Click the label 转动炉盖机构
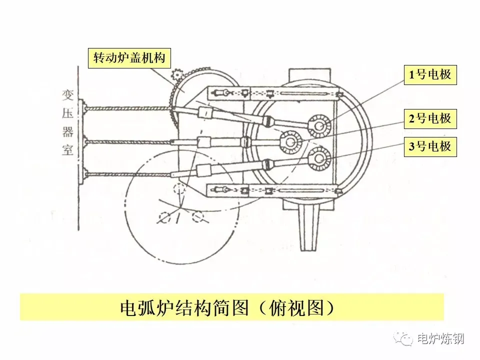tap(129, 58)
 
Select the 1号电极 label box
tap(430, 75)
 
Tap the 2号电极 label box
tap(430, 118)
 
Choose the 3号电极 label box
tap(430, 146)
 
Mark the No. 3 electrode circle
tap(318, 159)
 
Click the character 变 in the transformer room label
tap(67, 95)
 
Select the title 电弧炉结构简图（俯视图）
tap(231, 306)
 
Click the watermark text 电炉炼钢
tap(440, 338)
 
